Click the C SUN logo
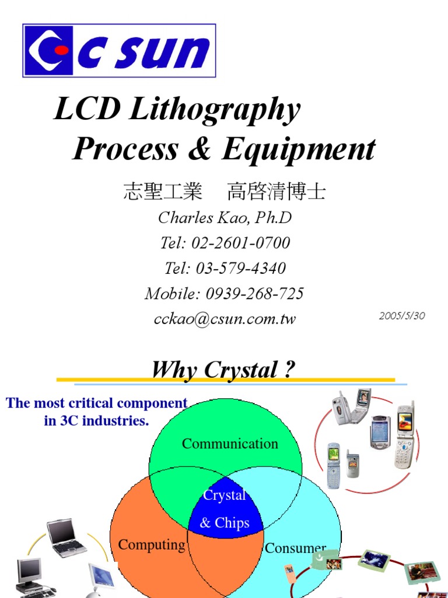(x=119, y=50)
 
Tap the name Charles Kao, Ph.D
(x=225, y=218)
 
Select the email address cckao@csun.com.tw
(x=225, y=319)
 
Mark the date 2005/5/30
(x=402, y=316)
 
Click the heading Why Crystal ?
(x=223, y=370)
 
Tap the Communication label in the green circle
(x=230, y=444)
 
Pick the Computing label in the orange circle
(x=152, y=545)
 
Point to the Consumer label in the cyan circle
(x=295, y=548)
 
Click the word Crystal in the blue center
(x=225, y=495)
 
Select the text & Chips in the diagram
(x=225, y=523)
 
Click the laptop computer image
(x=65, y=537)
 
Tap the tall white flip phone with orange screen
(x=404, y=436)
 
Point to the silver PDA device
(x=380, y=433)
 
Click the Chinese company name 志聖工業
(x=163, y=192)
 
